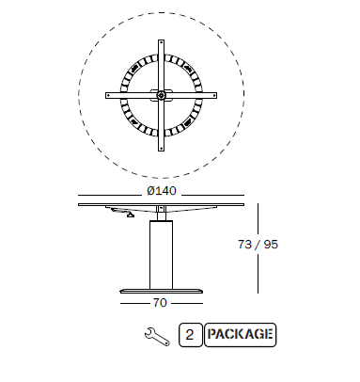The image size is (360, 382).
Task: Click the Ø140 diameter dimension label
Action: [x=162, y=191]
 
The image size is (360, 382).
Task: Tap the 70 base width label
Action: [x=160, y=303]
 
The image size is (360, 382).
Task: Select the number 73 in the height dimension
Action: [x=245, y=245]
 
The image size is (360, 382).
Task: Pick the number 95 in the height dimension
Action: [x=271, y=245]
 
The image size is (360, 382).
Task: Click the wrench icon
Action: [x=157, y=337]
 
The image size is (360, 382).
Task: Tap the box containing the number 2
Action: [x=191, y=335]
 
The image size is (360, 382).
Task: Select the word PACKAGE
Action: [x=240, y=334]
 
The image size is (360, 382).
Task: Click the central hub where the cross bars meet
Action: [x=161, y=95]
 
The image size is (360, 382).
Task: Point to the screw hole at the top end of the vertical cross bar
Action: [x=161, y=43]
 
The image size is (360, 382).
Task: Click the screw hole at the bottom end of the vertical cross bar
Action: [x=161, y=148]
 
